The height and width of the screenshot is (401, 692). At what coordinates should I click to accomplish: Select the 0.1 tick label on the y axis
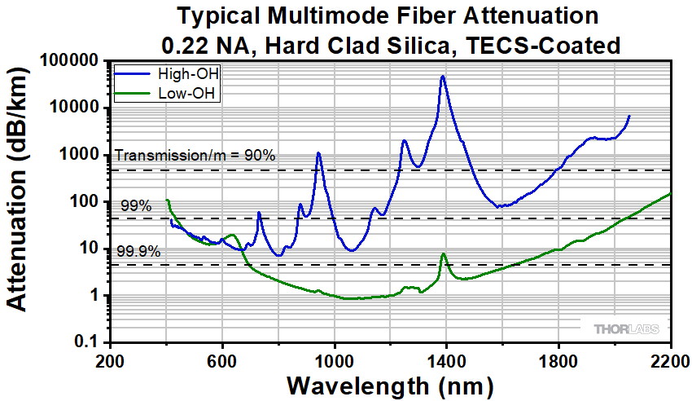point(87,342)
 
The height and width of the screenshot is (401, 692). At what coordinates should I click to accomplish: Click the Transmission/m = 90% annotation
point(196,155)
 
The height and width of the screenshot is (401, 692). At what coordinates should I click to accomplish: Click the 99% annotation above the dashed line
point(136,205)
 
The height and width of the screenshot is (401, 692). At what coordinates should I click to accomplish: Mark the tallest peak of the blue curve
point(443,77)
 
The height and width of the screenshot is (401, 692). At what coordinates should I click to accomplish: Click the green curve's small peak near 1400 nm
point(444,254)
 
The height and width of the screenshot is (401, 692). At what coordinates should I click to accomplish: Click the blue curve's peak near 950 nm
point(319,153)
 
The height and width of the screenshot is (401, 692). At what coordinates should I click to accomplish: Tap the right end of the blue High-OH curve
point(629,116)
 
